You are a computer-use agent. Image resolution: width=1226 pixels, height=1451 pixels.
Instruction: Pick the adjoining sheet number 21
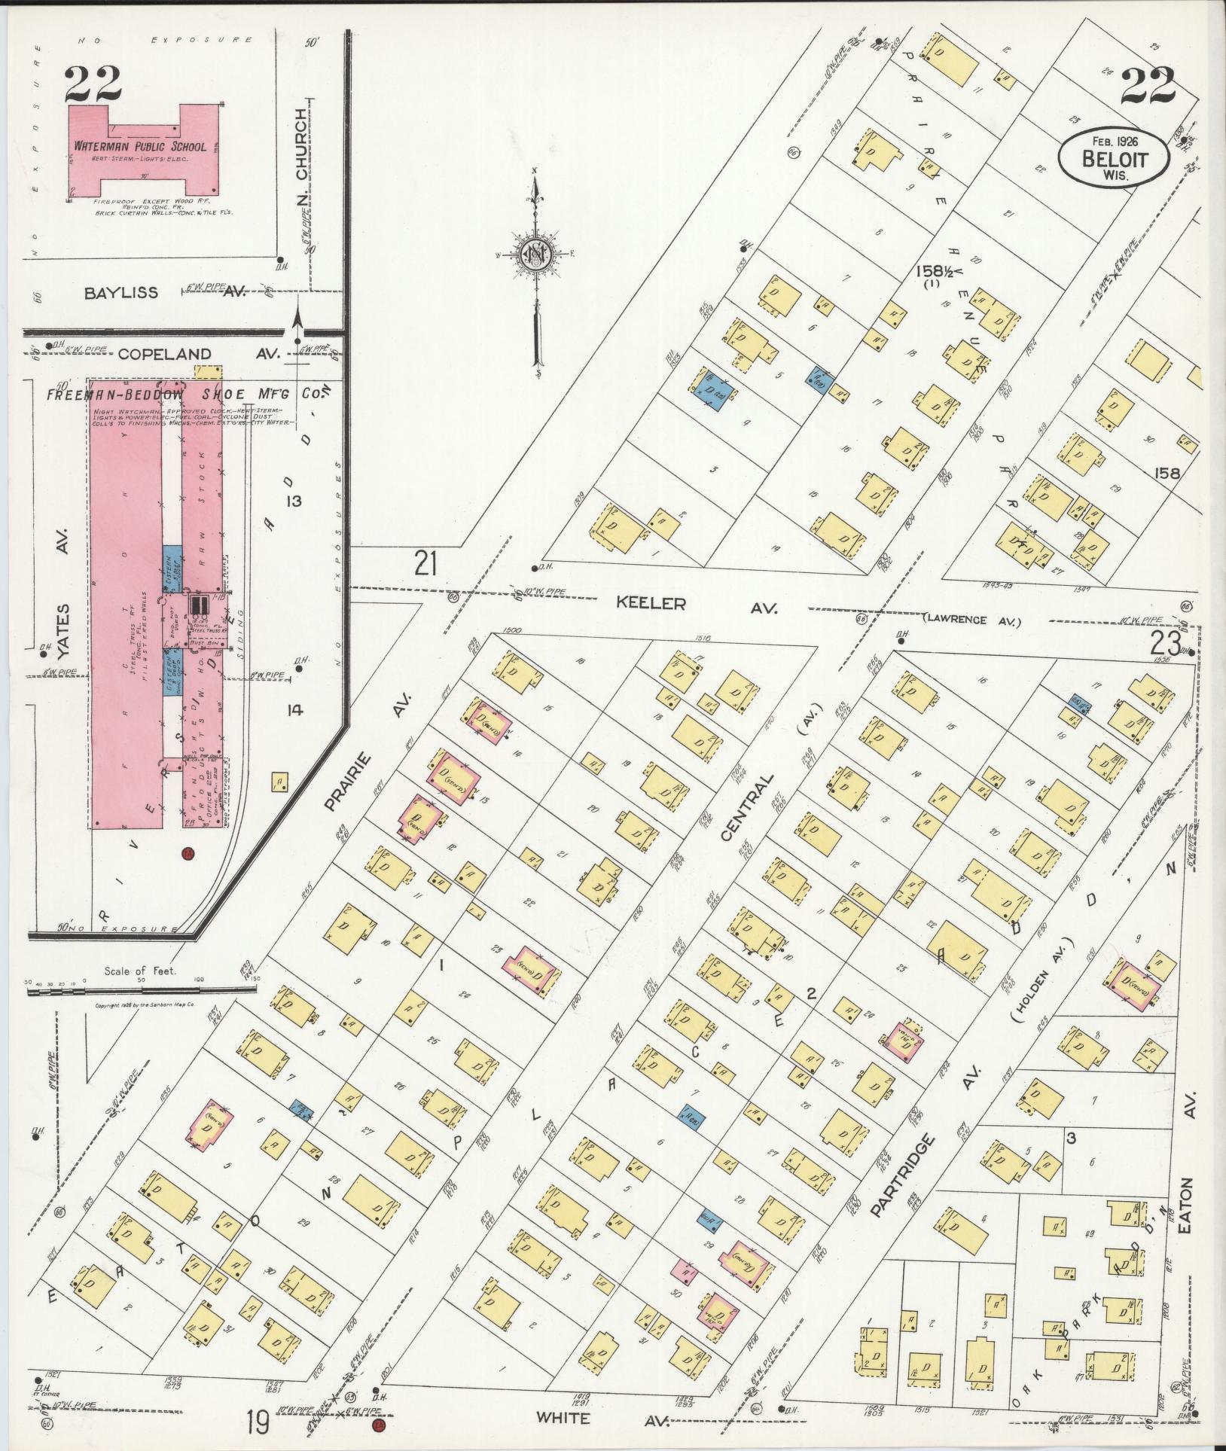(425, 562)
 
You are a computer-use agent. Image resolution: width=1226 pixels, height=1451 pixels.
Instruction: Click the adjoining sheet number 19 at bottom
(258, 1422)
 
